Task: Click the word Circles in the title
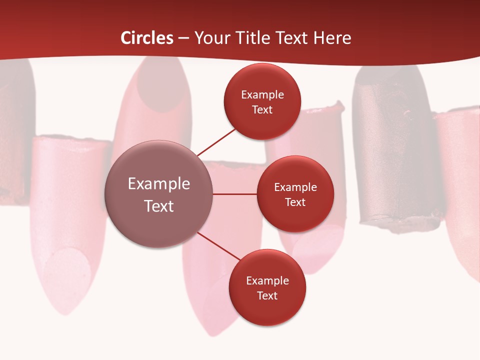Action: pyautogui.click(x=146, y=38)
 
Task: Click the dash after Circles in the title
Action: pyautogui.click(x=183, y=38)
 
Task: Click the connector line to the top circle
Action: pyautogui.click(x=216, y=142)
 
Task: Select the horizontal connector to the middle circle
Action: pyautogui.click(x=235, y=194)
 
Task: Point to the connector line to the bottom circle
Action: pyautogui.click(x=219, y=246)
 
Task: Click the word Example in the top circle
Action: pyautogui.click(x=262, y=94)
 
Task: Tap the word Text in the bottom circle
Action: pyautogui.click(x=267, y=295)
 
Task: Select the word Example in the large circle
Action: pyautogui.click(x=159, y=184)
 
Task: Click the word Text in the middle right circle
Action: pyautogui.click(x=295, y=202)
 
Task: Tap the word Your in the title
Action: pyautogui.click(x=210, y=38)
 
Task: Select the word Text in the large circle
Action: pyautogui.click(x=159, y=206)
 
